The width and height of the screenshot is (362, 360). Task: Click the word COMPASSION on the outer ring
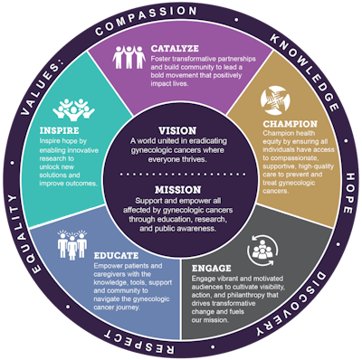181,18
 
